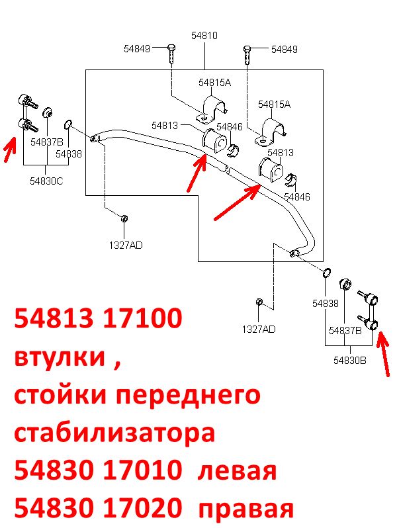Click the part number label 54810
tap(204, 35)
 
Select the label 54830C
tap(46, 181)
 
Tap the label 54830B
tap(349, 361)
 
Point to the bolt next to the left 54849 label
tap(171, 53)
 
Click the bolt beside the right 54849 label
tap(247, 55)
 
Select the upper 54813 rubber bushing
tap(214, 142)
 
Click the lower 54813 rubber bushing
tap(271, 170)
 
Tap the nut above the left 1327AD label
tap(124, 218)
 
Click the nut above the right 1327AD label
tap(259, 302)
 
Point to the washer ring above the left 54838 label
tap(67, 124)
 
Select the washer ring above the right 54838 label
tap(326, 273)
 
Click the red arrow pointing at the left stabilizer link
tap(10, 150)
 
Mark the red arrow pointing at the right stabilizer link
tap(383, 353)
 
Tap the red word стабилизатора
tap(114, 433)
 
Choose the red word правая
tap(246, 509)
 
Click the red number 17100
tap(143, 318)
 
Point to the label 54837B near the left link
tap(47, 142)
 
